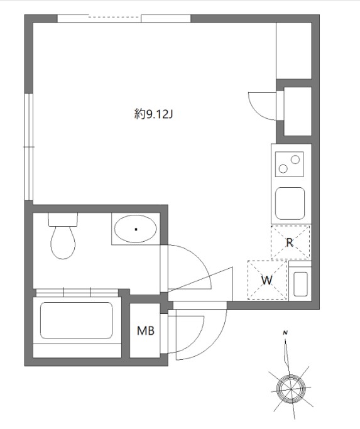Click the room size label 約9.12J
[x=153, y=114]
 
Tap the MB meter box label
[x=146, y=331]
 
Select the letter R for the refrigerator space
[x=290, y=242]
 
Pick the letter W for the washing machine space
[x=267, y=280]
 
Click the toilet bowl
[x=63, y=242]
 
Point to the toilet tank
[x=63, y=219]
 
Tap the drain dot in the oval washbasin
[x=136, y=229]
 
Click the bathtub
[x=77, y=320]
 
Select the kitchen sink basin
[x=290, y=204]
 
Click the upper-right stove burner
[x=295, y=160]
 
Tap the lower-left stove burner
[x=283, y=168]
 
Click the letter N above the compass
[x=285, y=333]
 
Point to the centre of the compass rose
[x=291, y=389]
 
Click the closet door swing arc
[x=257, y=112]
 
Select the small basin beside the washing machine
[x=300, y=284]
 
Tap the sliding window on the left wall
[x=29, y=147]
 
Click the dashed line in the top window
[x=114, y=18]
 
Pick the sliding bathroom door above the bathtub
[x=77, y=293]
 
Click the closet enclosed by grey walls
[x=298, y=111]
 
